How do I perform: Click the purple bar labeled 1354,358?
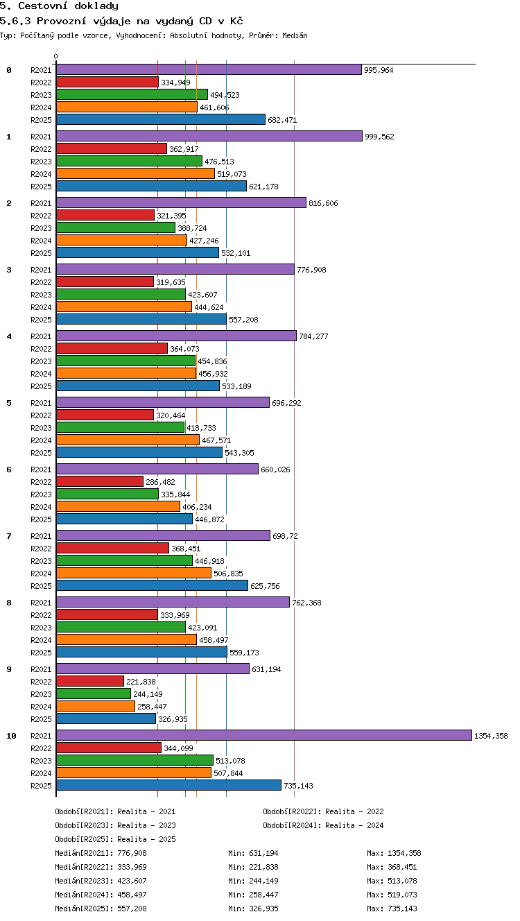[x=264, y=735]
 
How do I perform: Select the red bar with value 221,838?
[x=90, y=681]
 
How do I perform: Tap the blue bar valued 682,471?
[x=161, y=119]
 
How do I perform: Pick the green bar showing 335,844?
[x=107, y=494]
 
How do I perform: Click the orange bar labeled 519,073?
[x=135, y=173]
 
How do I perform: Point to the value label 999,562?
[x=379, y=137]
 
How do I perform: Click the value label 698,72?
[x=285, y=536]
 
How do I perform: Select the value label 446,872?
[x=209, y=519]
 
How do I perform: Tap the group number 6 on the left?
[x=9, y=470]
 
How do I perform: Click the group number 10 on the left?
[x=11, y=736]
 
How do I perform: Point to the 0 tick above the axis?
[x=56, y=56]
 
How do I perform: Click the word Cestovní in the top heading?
[x=43, y=6]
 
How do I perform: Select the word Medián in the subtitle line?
[x=295, y=35]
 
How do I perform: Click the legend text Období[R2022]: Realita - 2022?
[x=323, y=811]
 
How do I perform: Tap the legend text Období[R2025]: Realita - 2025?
[x=115, y=839]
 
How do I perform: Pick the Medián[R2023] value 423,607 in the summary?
[x=132, y=881]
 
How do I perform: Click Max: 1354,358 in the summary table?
[x=394, y=853]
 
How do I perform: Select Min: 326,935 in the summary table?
[x=253, y=909]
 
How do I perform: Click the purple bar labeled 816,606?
[x=181, y=203]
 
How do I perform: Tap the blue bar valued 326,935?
[x=106, y=718]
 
